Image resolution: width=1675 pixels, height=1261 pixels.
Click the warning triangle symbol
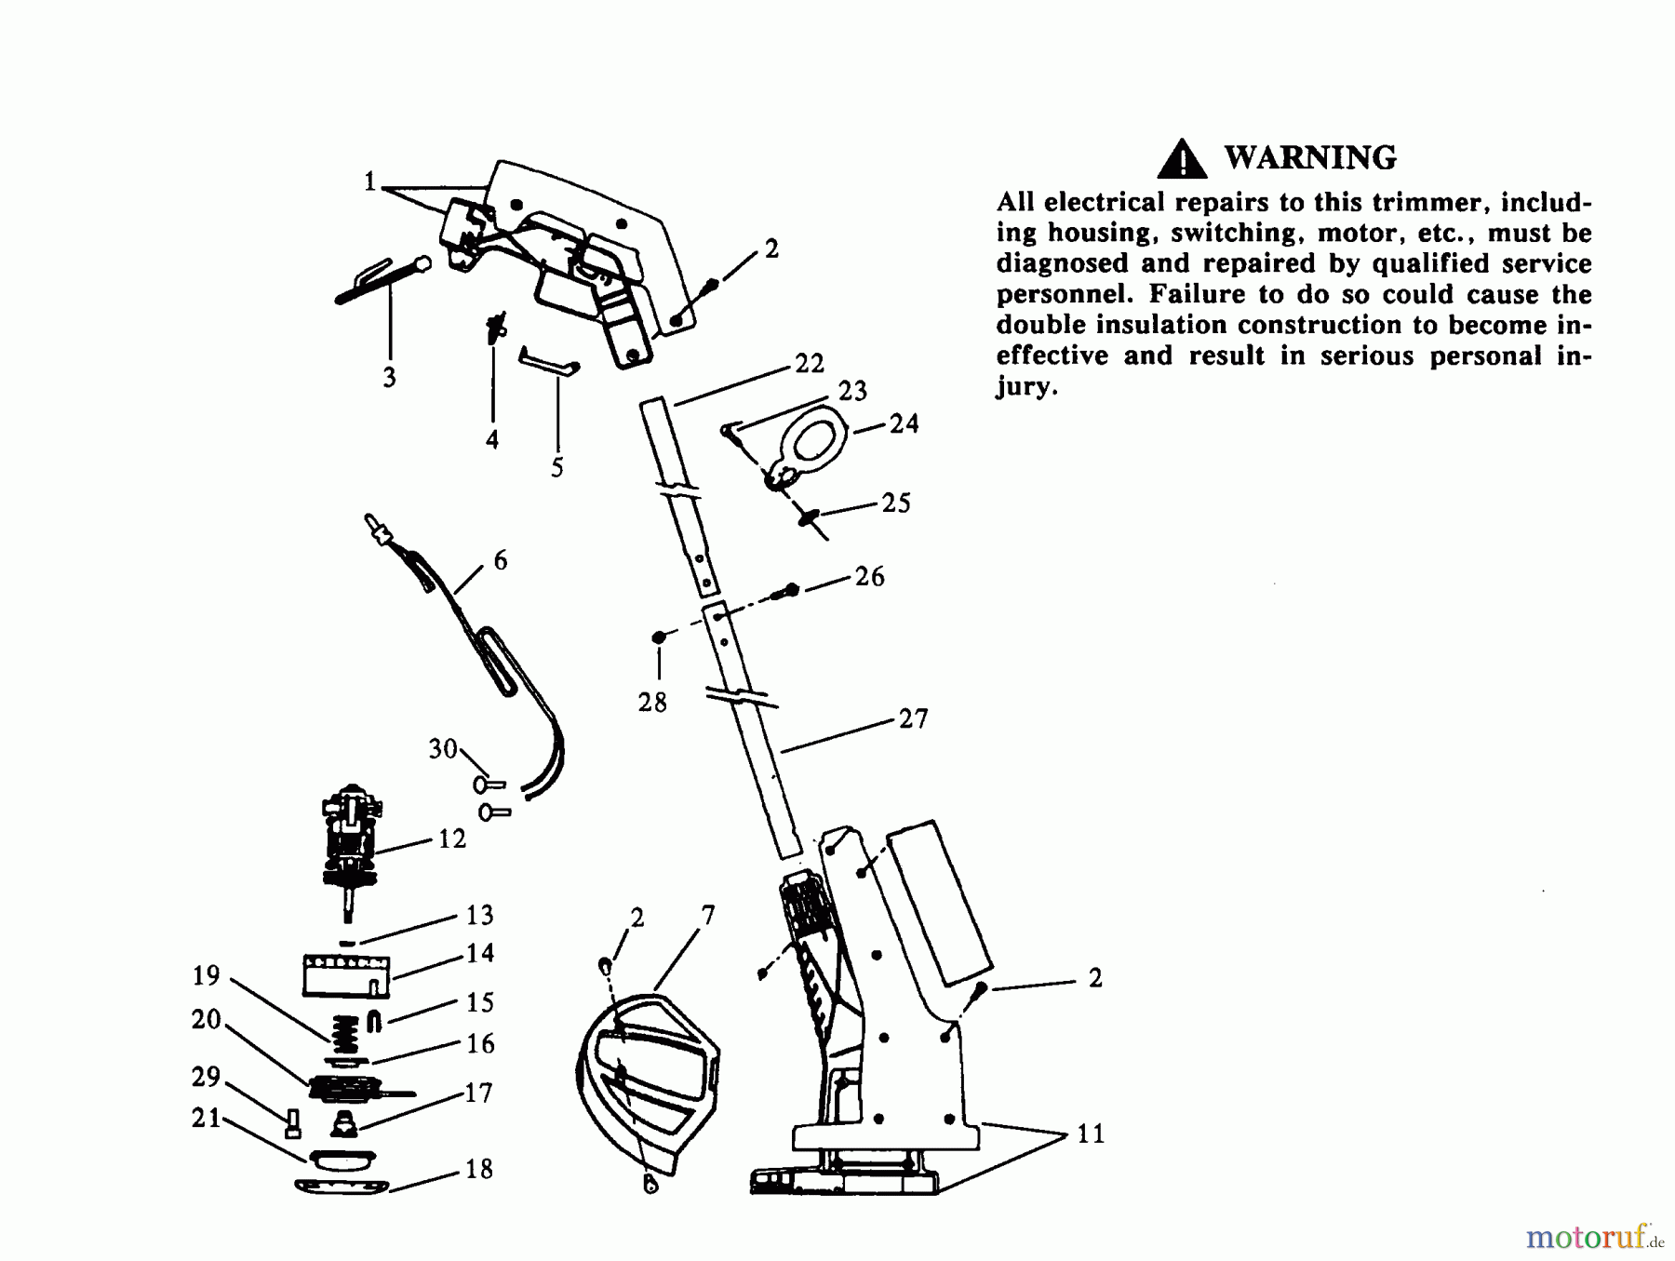[x=1181, y=159]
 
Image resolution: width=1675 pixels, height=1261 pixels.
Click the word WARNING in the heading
[x=1309, y=158]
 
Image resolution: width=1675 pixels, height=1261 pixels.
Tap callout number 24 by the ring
[x=903, y=424]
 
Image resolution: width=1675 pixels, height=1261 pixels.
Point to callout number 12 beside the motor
[x=451, y=839]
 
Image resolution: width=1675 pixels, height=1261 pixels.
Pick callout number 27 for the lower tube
[x=913, y=719]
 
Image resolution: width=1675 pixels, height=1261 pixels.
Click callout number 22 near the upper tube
[x=809, y=364]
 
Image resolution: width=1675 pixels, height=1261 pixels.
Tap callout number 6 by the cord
[x=501, y=560]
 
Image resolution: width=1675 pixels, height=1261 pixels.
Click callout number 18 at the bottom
[x=478, y=1169]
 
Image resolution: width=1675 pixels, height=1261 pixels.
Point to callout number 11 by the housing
[x=1090, y=1134]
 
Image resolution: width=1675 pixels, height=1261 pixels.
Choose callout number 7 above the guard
[x=708, y=917]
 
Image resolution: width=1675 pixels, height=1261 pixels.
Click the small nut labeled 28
[x=659, y=637]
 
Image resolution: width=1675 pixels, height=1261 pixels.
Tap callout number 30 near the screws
[x=443, y=749]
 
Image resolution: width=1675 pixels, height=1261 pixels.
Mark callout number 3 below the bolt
[x=389, y=378]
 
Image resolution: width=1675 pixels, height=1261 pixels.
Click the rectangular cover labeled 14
[x=345, y=974]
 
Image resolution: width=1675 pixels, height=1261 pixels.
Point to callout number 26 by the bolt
[x=869, y=577]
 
